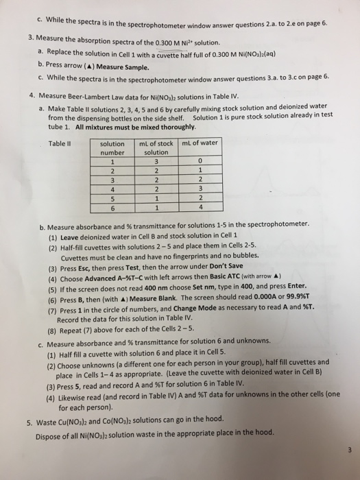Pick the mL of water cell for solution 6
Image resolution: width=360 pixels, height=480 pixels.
click(x=198, y=208)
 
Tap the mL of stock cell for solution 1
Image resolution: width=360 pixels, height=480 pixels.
click(x=156, y=162)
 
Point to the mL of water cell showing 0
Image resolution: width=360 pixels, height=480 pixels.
click(x=198, y=162)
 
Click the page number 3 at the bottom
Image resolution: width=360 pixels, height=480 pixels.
click(x=348, y=450)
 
